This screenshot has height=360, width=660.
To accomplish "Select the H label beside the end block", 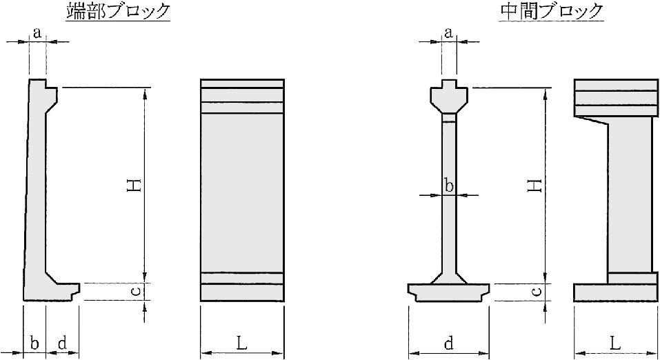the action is click(x=134, y=186).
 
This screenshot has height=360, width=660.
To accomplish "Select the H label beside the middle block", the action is click(x=534, y=186).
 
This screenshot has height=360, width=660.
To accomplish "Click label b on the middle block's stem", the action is click(x=449, y=186).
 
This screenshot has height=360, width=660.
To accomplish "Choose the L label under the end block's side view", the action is click(x=241, y=343).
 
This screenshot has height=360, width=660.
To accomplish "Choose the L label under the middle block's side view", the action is click(x=615, y=343).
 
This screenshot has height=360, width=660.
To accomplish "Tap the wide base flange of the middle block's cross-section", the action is click(x=449, y=292).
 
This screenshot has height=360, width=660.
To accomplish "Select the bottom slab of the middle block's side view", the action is click(x=616, y=292).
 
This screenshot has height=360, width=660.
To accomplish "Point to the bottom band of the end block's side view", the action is click(x=242, y=292).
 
